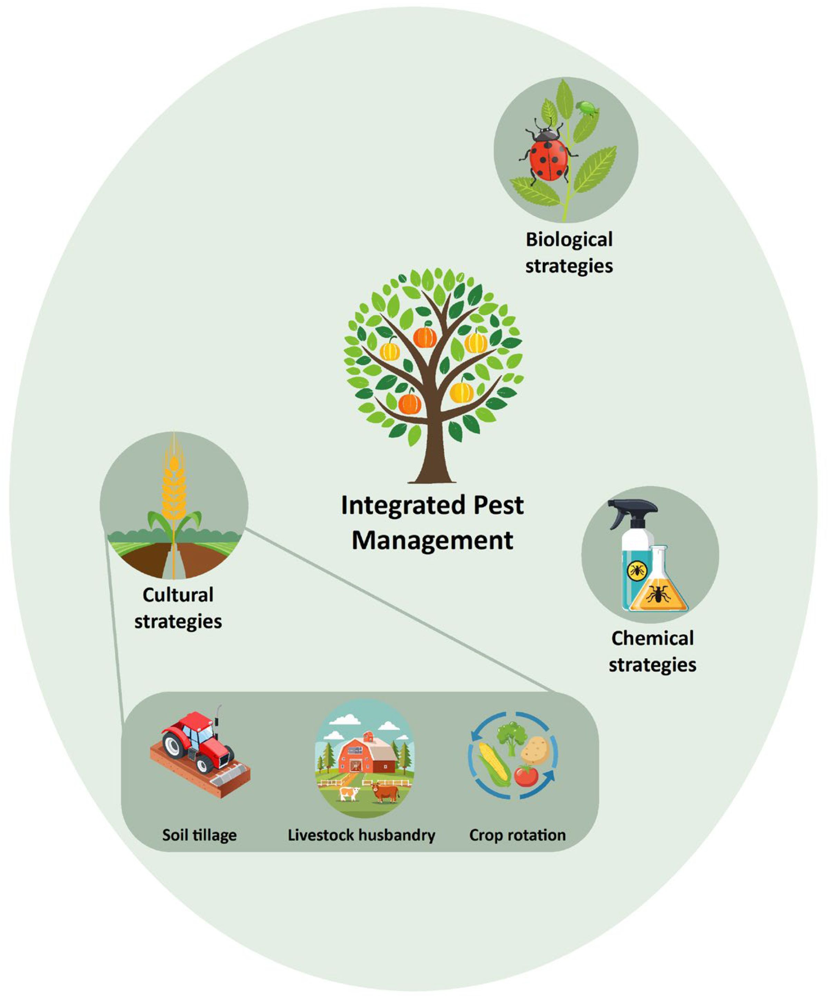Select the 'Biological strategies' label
coord(569,252)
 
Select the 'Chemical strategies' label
coord(652,651)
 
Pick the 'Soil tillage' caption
coord(200,835)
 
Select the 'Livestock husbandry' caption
coord(361,835)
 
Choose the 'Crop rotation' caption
coord(518,835)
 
